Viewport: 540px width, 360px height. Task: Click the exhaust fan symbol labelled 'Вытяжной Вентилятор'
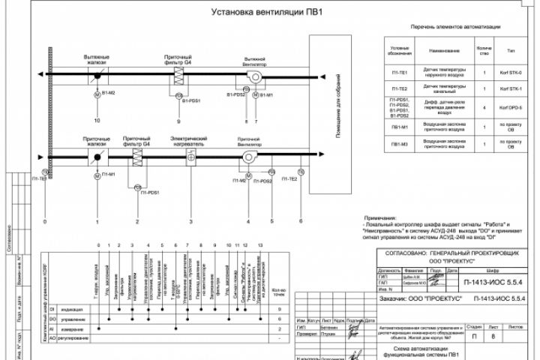255,77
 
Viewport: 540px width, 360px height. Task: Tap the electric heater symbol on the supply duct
191,155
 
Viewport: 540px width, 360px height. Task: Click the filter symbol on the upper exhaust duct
178,77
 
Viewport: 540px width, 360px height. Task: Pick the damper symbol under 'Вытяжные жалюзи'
97,77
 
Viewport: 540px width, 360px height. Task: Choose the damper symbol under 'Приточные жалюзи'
97,155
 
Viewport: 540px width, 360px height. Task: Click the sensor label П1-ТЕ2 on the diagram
291,179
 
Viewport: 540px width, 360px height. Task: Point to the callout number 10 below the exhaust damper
97,120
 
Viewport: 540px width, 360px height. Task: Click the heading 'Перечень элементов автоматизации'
455,26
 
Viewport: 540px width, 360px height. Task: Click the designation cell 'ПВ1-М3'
400,145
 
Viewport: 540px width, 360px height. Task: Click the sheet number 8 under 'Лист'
492,337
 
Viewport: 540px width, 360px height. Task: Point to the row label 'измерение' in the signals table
72,328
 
